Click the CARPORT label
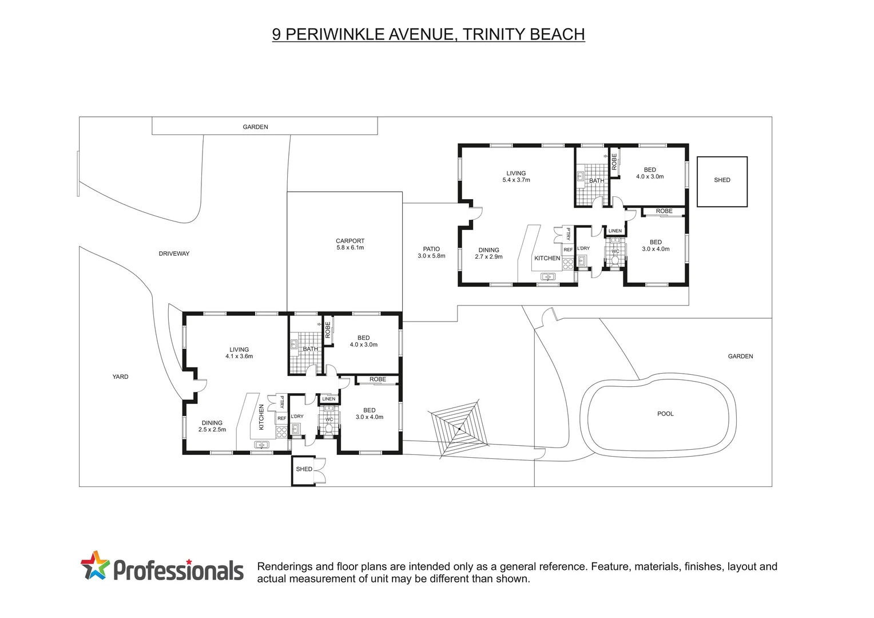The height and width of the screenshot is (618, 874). (350, 244)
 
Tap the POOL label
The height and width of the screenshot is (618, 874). (665, 414)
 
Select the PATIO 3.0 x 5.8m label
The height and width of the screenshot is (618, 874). (431, 252)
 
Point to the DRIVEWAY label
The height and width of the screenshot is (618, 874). (174, 253)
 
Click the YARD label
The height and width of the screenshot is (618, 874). (120, 377)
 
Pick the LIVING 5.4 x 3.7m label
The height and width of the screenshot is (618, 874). (516, 176)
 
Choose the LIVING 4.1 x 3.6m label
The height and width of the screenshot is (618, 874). (239, 352)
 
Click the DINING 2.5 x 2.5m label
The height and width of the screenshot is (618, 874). (212, 426)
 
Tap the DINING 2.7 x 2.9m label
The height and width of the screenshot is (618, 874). (488, 253)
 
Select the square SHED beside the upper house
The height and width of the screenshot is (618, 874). (722, 181)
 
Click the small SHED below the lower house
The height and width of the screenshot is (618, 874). (304, 470)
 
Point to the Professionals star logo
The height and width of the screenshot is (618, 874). (95, 565)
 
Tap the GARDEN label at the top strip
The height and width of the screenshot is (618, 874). (255, 127)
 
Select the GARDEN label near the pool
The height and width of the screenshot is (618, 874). (740, 356)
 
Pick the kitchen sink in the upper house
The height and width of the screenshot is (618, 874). (548, 277)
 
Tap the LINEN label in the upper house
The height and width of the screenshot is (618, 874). (615, 231)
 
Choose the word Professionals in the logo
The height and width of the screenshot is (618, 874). (178, 571)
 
